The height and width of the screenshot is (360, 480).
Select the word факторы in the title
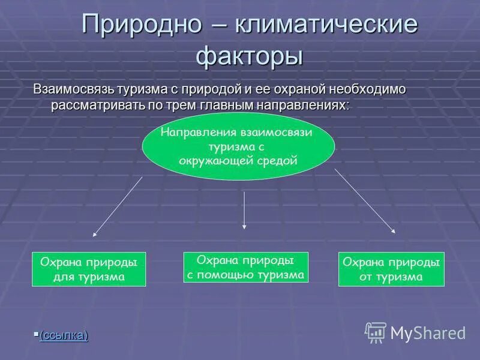point(250,56)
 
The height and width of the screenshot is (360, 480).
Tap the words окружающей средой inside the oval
point(238,160)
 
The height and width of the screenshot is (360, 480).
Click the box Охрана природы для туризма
point(88,269)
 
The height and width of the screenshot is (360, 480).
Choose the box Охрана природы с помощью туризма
point(245,267)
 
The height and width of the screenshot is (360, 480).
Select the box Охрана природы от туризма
point(391,269)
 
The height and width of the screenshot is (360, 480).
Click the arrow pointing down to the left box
point(118,205)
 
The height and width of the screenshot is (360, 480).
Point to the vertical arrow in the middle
point(244,210)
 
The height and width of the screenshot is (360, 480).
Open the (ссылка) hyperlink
point(64,335)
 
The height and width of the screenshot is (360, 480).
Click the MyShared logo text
point(428,333)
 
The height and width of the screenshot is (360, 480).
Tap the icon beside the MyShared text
point(376,332)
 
